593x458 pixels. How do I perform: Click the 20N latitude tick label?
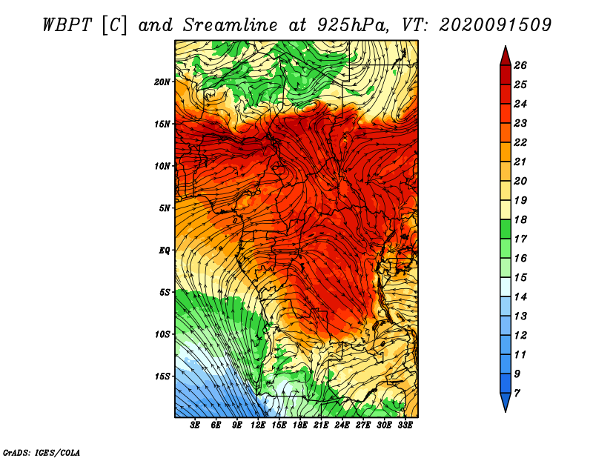[162, 82]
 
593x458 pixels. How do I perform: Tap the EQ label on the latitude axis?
[164, 250]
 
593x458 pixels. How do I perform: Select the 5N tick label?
[164, 208]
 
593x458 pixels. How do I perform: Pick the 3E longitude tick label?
[195, 425]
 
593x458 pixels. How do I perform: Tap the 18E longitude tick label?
[300, 425]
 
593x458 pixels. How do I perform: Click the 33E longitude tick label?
[405, 425]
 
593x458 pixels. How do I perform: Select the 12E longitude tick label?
[258, 425]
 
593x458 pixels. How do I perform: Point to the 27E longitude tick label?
[363, 425]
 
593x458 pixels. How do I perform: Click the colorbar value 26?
[520, 65]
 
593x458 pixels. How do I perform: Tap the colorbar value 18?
[520, 219]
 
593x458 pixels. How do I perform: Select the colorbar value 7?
[517, 394]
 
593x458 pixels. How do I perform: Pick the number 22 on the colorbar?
[520, 142]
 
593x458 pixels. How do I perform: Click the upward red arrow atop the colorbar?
[506, 56]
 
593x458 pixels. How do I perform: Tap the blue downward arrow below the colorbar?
[506, 402]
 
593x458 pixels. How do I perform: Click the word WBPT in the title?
[67, 25]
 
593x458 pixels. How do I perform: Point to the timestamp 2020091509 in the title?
[495, 25]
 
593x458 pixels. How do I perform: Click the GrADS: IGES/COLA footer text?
[42, 452]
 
